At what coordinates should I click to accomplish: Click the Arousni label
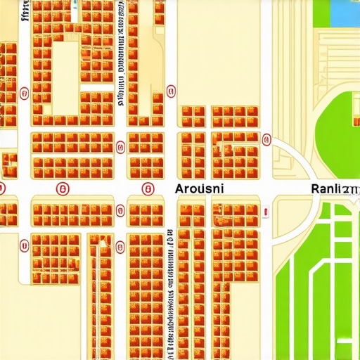coord(199,188)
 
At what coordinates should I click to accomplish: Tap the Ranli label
coord(334,188)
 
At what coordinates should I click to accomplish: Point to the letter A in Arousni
coord(179,188)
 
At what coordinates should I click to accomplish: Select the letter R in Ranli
coord(314,188)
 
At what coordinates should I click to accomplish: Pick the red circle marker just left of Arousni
coord(148,188)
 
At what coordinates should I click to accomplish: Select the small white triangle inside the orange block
coord(103,243)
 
